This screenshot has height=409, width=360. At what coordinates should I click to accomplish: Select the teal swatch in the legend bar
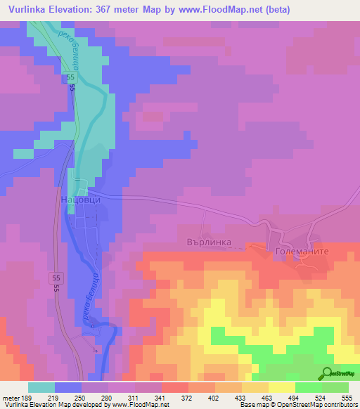[41, 387]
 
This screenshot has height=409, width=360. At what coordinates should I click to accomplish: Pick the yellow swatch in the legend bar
[282, 387]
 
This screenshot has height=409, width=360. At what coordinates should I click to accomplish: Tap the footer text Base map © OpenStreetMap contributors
[300, 404]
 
